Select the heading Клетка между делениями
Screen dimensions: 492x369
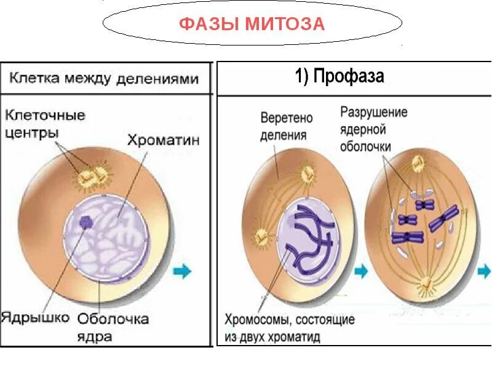104,79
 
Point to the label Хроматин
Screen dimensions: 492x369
164,140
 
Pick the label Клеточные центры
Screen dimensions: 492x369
44,124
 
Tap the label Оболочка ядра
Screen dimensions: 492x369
112,327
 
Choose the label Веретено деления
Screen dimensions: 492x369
287,125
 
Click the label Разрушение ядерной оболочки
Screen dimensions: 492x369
375,130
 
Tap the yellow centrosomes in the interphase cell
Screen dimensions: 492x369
93,177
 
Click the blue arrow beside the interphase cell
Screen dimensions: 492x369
182,270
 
